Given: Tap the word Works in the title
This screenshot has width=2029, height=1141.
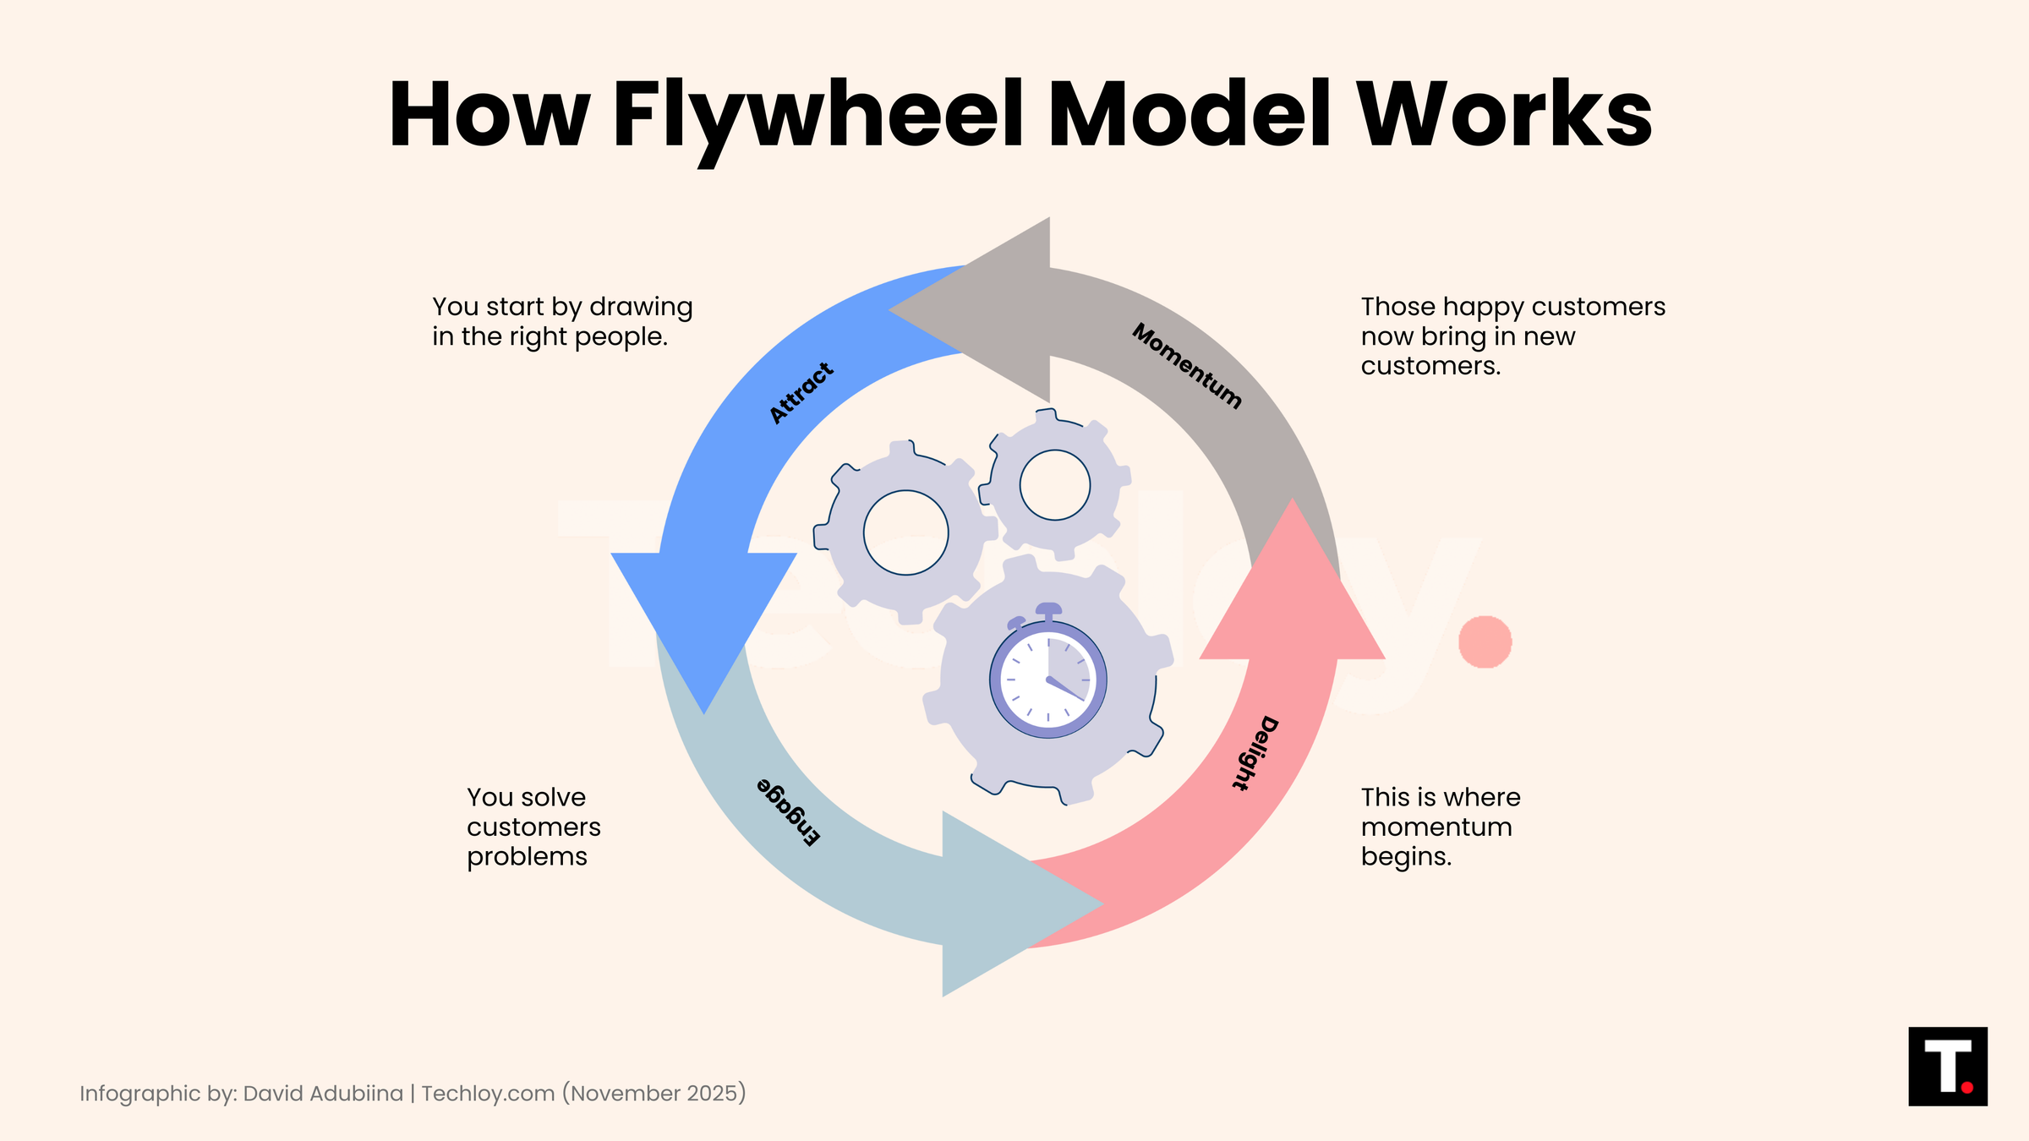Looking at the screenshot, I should click(1505, 116).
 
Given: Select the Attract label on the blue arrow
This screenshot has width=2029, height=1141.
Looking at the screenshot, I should click(801, 393).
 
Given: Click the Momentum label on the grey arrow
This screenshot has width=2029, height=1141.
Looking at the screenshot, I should click(1187, 365).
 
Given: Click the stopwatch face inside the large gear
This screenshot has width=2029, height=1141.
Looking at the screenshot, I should click(1048, 679).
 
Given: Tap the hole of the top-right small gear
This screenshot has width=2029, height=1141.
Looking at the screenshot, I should click(1054, 485).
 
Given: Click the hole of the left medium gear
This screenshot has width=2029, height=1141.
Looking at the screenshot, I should click(905, 532).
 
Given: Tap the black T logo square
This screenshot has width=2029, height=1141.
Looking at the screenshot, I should click(1947, 1066).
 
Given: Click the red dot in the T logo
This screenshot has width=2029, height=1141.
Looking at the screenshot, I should click(1966, 1088).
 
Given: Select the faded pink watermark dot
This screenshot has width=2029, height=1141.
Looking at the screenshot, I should click(1485, 642).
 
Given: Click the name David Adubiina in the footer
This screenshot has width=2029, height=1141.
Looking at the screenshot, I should click(323, 1094).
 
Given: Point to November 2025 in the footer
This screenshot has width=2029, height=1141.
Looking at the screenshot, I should click(658, 1094).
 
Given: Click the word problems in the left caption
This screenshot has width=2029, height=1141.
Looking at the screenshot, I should click(527, 857).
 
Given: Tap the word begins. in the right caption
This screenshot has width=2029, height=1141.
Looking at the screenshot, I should click(1406, 857).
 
